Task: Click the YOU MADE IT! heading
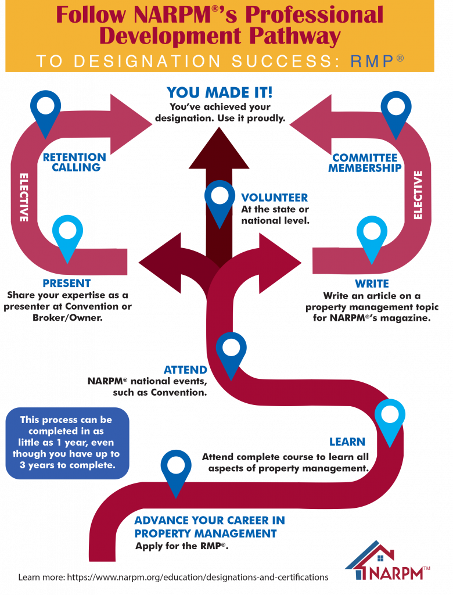(220, 92)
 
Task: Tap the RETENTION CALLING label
(74, 162)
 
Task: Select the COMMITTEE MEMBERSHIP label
(365, 163)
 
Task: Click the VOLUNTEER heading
(274, 198)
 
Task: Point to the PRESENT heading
(66, 283)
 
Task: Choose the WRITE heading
(372, 284)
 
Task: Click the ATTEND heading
(185, 370)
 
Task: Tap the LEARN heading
(347, 442)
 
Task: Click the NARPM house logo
(387, 561)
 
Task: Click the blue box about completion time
(67, 443)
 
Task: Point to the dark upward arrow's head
(219, 148)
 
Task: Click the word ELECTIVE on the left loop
(24, 198)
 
